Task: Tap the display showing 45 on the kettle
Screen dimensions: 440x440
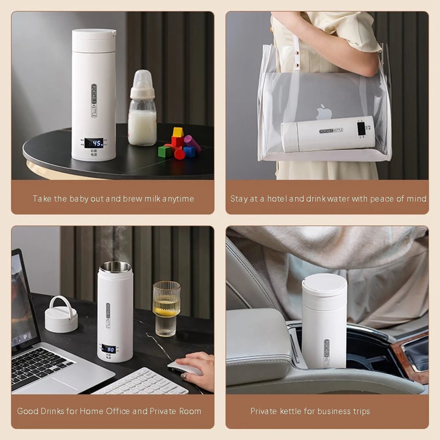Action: coord(94,143)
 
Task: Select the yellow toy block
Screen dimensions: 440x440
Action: coord(178,132)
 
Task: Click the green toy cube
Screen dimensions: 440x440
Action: coord(164,151)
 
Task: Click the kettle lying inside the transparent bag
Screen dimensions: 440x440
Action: coord(328,134)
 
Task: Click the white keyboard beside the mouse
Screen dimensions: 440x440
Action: coord(141,382)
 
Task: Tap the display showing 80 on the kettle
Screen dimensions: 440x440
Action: coord(108,349)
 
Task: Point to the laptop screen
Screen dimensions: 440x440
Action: coord(22,299)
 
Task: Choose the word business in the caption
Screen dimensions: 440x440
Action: coord(328,411)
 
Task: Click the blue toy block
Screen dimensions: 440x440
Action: coord(189,151)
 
